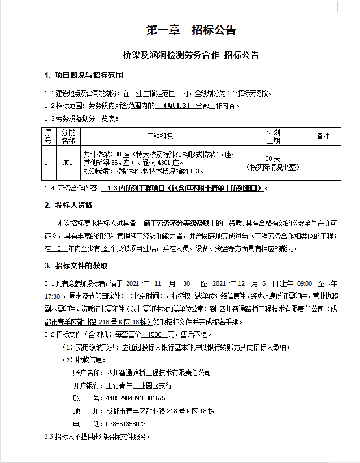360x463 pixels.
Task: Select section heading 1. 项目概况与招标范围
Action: pyautogui.click(x=84, y=76)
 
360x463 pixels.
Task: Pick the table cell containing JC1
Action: pyautogui.click(x=68, y=163)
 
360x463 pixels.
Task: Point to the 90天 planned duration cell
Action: pyautogui.click(x=273, y=159)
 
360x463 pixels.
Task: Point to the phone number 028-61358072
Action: pyautogui.click(x=125, y=423)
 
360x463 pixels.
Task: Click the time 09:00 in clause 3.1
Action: pyautogui.click(x=305, y=283)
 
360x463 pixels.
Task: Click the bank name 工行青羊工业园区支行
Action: pyautogui.click(x=139, y=386)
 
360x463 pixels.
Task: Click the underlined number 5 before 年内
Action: pyautogui.click(x=59, y=248)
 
